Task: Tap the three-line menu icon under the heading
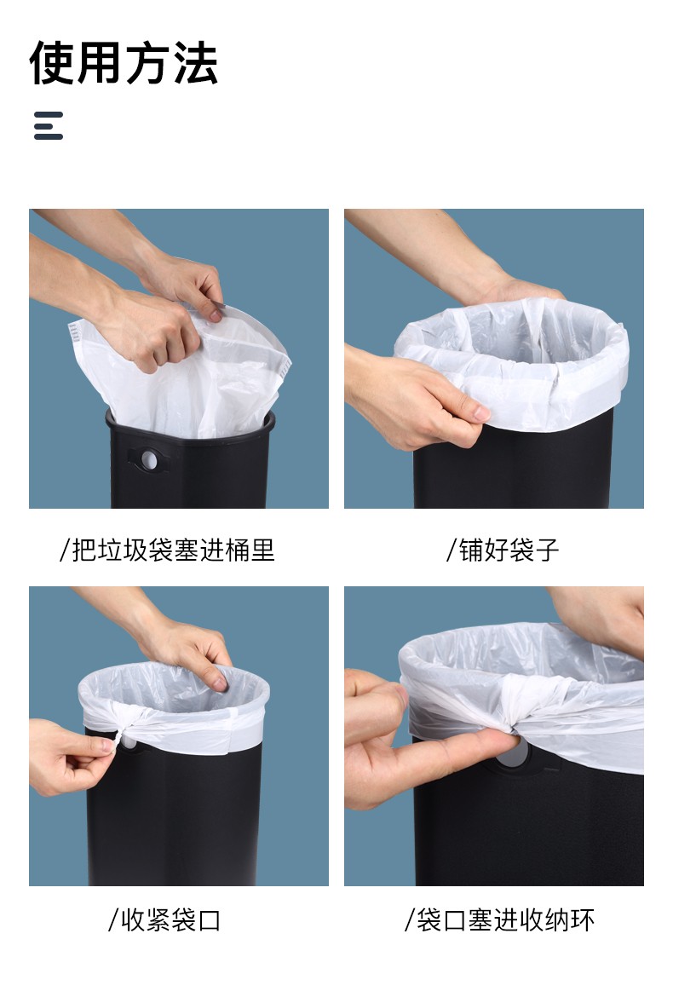(x=49, y=125)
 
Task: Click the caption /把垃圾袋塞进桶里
(x=167, y=550)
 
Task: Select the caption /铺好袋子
(x=502, y=550)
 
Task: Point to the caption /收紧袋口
(x=164, y=919)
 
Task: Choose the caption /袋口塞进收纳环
(x=499, y=919)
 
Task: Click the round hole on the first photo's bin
(x=150, y=459)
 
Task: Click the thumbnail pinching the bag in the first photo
(x=216, y=314)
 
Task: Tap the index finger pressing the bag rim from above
(x=214, y=673)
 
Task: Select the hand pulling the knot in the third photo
(x=69, y=757)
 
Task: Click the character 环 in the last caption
(x=582, y=919)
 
